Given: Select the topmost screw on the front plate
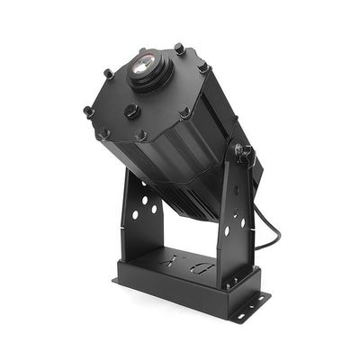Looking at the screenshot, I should [179, 49].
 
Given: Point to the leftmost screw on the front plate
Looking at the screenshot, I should [88, 111].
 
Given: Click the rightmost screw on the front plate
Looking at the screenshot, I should [204, 67].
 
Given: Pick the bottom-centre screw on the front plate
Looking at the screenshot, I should [141, 136].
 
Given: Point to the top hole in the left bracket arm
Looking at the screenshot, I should [148, 192].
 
